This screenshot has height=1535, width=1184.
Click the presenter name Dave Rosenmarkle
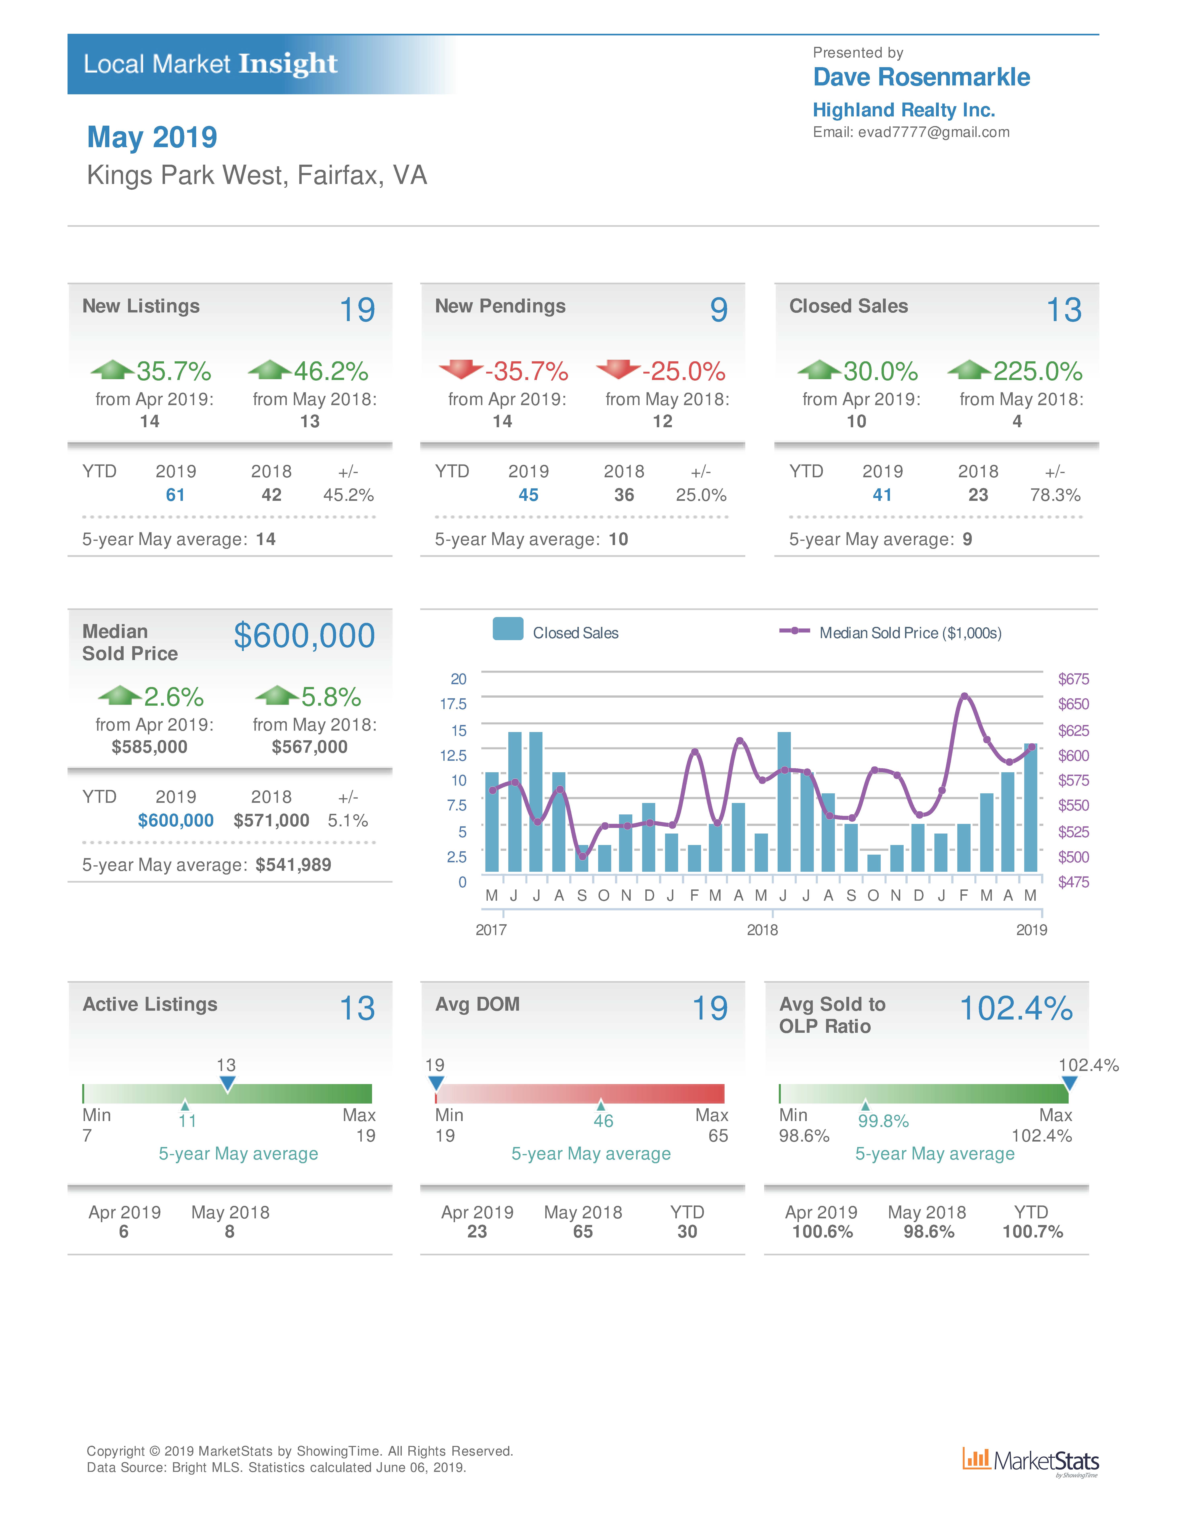pos(921,77)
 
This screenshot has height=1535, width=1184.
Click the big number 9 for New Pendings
pos(718,310)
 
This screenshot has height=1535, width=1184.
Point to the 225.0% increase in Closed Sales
pos(1037,371)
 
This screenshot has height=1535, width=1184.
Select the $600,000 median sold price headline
pos(304,636)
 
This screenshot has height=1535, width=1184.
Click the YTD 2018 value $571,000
pos(271,820)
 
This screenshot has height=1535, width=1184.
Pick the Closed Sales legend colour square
pos(507,629)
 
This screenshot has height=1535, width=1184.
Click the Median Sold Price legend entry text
pos(910,632)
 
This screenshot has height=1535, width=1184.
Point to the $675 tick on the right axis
pos(1073,679)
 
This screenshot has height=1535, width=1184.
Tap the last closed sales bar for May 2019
pos(1030,808)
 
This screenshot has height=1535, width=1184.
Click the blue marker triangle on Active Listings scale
pos(227,1083)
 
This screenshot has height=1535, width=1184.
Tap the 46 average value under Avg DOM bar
pos(603,1121)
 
